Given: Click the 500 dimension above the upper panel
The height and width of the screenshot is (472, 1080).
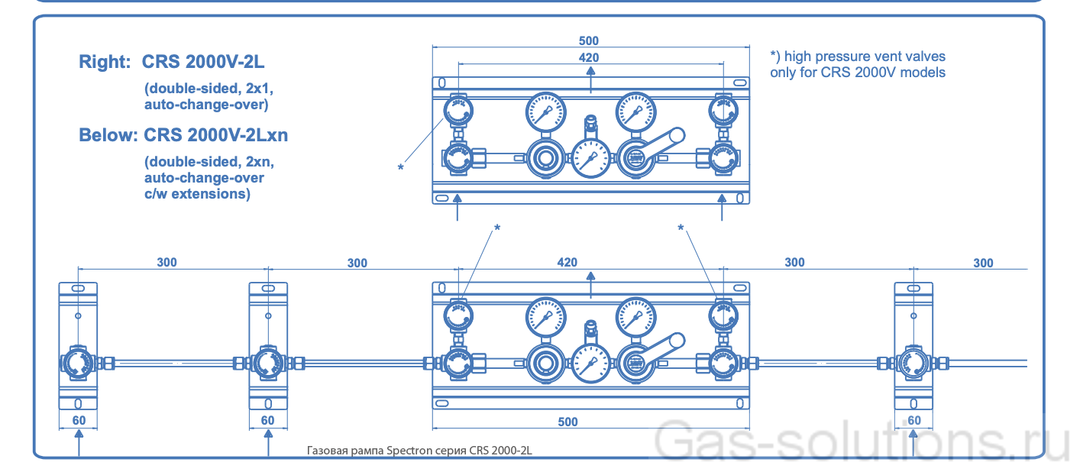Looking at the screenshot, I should click(589, 40).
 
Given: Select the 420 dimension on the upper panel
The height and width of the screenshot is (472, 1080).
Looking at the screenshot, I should click(589, 57).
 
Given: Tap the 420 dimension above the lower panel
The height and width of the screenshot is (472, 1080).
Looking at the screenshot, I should click(567, 262).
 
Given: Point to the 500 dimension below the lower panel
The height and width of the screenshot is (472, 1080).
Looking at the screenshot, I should click(567, 422).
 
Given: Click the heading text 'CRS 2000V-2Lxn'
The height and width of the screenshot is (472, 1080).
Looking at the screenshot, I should click(217, 135).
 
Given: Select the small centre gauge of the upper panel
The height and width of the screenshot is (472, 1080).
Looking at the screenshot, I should click(589, 160).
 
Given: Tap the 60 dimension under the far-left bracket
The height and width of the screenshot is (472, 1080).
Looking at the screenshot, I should click(78, 421).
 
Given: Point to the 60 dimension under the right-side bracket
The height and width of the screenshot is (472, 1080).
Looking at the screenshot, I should click(913, 421).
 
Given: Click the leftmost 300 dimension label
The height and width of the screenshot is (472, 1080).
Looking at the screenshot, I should click(167, 262).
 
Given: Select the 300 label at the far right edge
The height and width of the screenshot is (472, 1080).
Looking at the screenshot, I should click(983, 263).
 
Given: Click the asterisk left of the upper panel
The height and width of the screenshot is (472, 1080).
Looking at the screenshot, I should click(400, 167).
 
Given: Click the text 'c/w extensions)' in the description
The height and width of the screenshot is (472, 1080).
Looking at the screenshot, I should click(197, 194).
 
